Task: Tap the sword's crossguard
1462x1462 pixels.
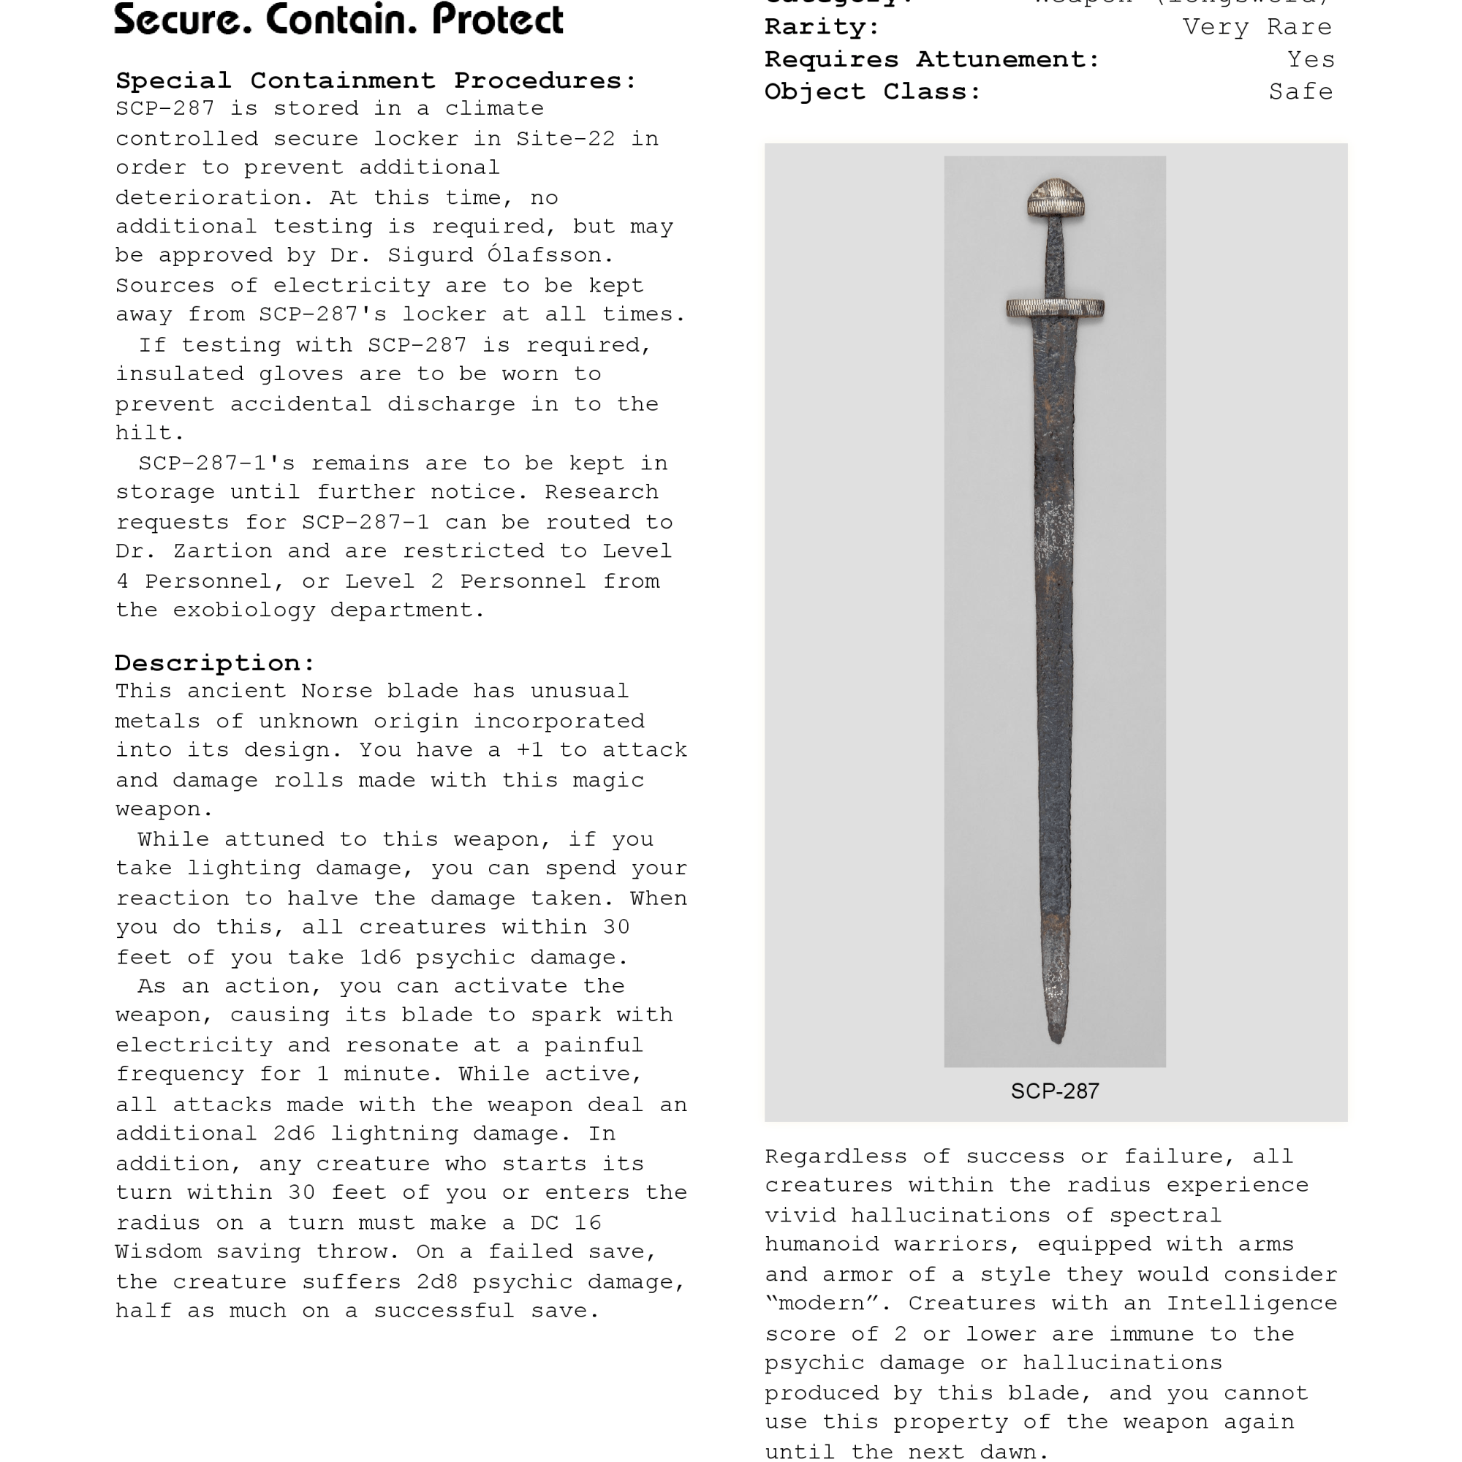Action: point(1055,308)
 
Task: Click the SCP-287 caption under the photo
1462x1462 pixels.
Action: point(1055,1091)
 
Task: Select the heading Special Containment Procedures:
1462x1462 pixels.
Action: point(376,80)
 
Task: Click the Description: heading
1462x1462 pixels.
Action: point(215,663)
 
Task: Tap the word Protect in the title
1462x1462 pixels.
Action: point(498,20)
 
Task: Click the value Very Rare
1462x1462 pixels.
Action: point(1257,27)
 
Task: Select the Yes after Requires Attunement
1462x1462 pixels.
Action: point(1311,59)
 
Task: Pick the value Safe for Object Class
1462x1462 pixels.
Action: point(1300,91)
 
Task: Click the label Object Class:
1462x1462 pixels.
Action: point(873,91)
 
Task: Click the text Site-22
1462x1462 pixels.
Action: point(565,138)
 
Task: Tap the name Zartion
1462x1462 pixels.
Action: point(222,551)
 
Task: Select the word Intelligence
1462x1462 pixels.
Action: point(1251,1303)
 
